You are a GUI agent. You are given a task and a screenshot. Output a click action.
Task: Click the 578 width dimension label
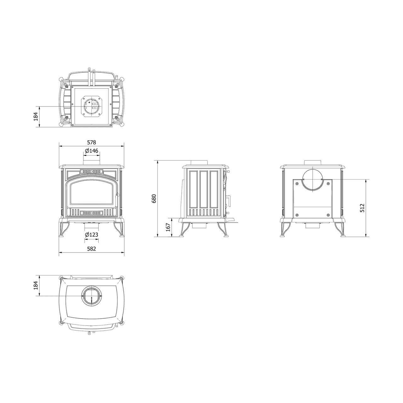[x=91, y=142]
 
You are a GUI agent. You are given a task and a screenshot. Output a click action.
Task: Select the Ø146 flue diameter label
[x=92, y=150]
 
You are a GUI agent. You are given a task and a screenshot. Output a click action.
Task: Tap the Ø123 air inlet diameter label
[x=92, y=235]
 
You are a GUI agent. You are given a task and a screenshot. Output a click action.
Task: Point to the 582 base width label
[x=91, y=249]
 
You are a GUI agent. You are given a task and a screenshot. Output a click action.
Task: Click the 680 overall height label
[x=154, y=198]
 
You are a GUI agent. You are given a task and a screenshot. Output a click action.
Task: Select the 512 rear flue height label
[x=362, y=208]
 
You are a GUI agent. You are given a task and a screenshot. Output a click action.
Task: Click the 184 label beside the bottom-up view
[x=36, y=116]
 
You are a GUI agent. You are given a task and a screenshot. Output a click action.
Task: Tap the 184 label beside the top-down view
[x=36, y=285]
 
